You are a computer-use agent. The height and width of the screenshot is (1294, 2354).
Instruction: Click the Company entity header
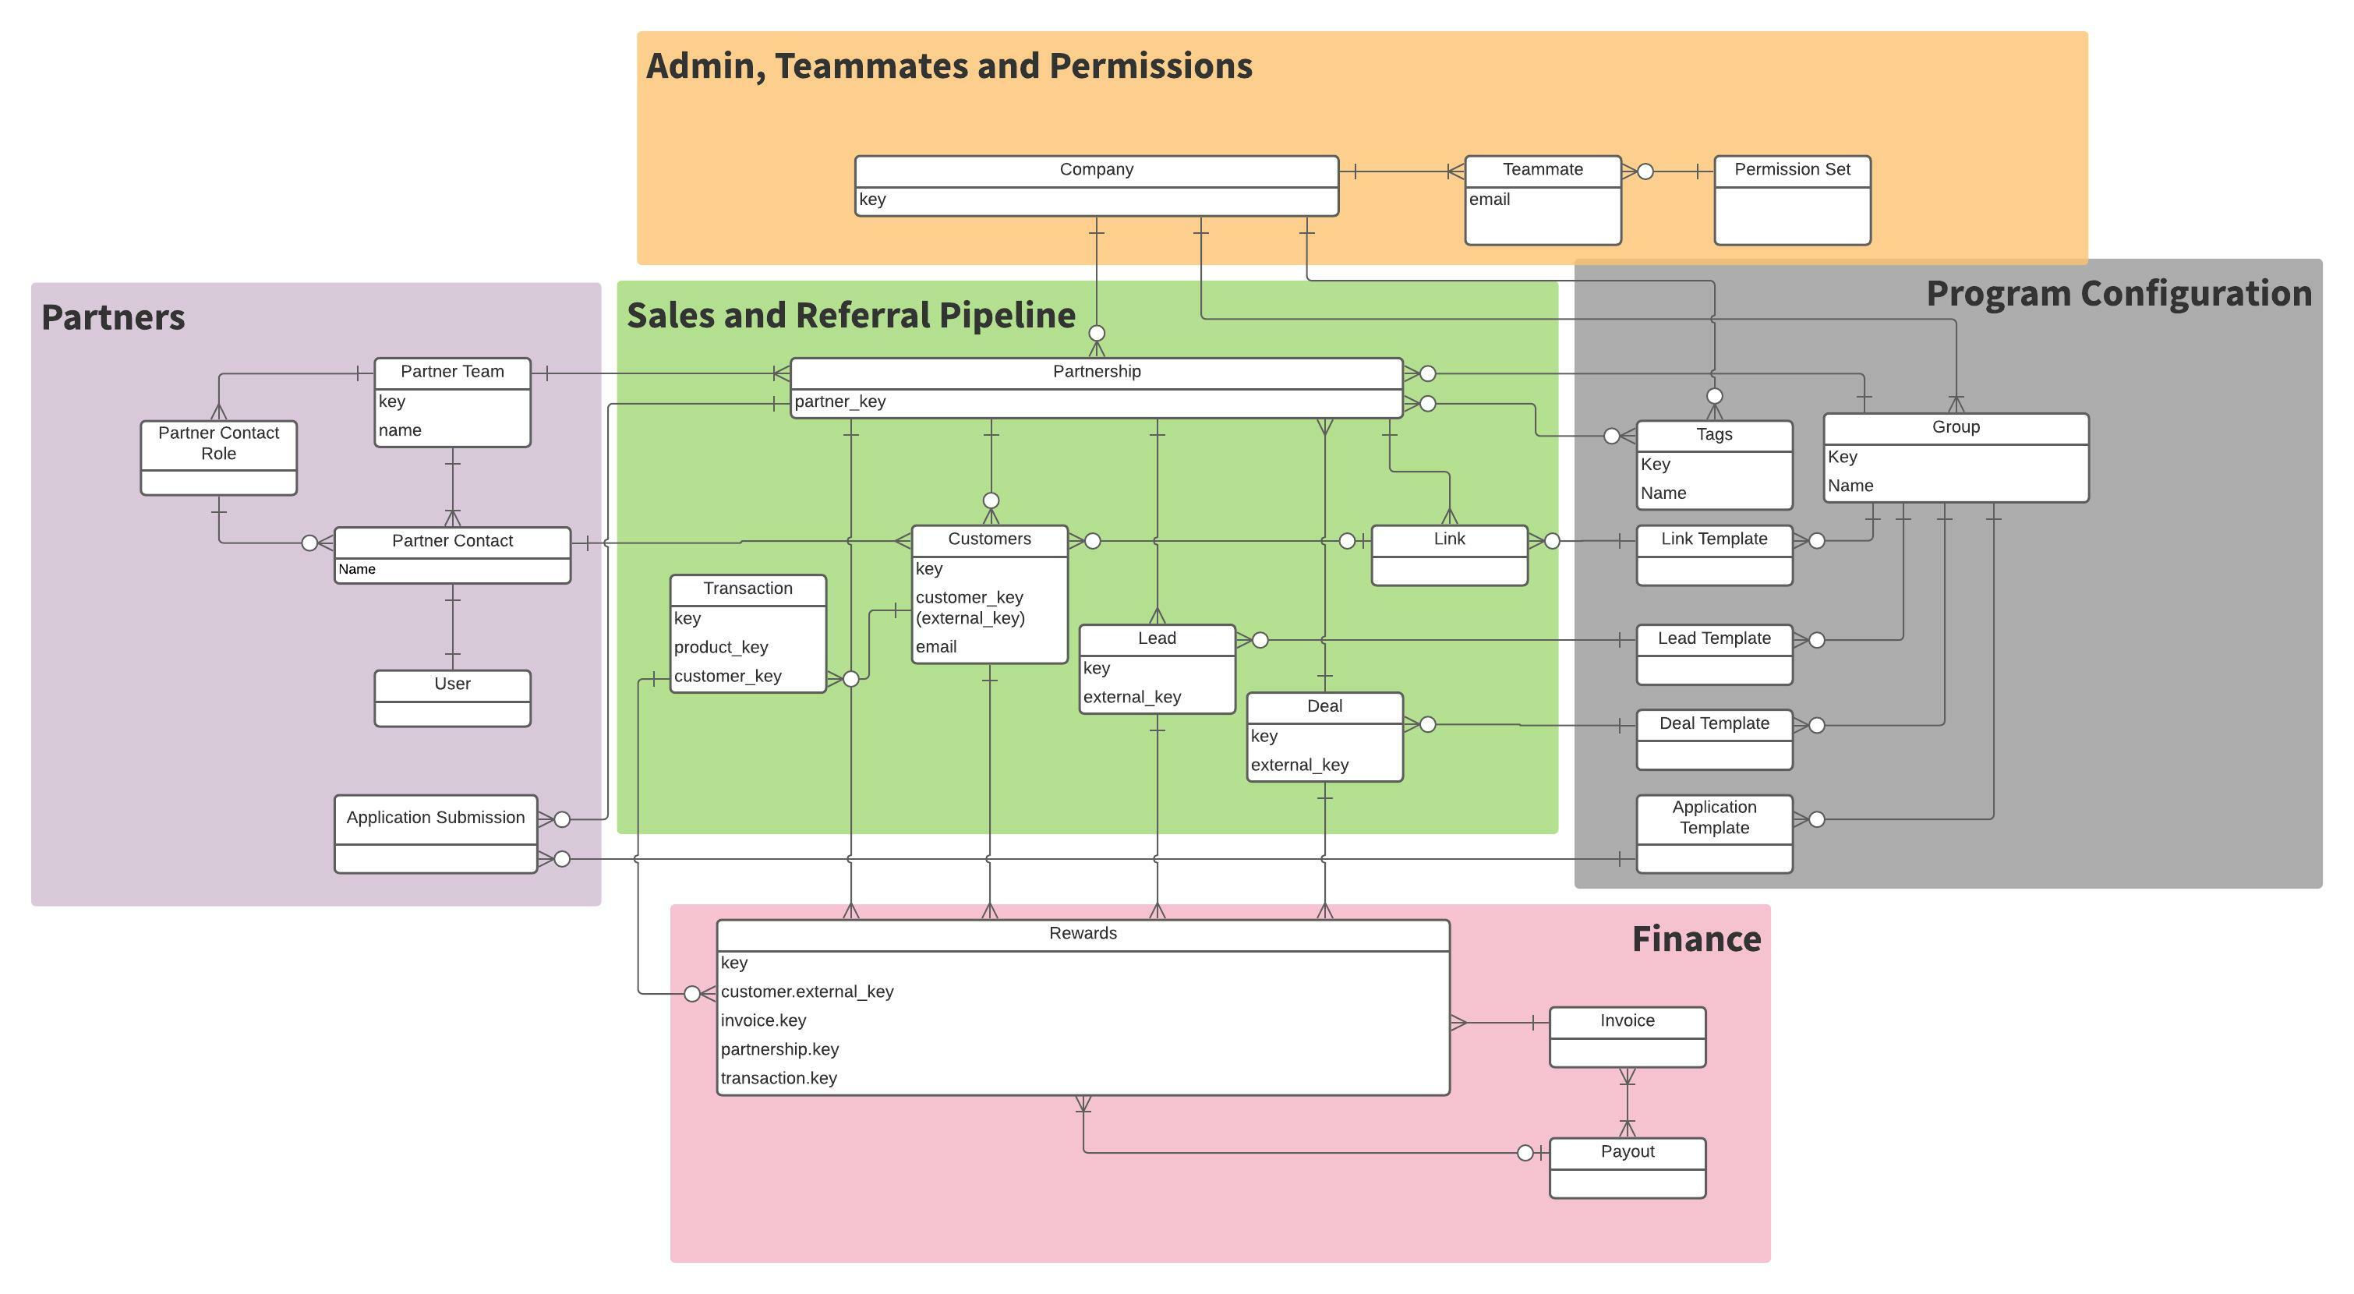pyautogui.click(x=1096, y=170)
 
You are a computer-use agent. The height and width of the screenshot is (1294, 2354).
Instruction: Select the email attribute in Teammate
pyautogui.click(x=1489, y=200)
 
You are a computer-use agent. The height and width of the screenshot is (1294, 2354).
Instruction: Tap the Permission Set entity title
pyautogui.click(x=1791, y=170)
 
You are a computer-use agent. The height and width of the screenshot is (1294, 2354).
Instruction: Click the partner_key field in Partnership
pyautogui.click(x=839, y=401)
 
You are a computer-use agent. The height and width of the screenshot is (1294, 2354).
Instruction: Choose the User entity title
pyautogui.click(x=451, y=684)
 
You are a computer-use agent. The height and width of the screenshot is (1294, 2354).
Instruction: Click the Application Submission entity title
pyautogui.click(x=435, y=817)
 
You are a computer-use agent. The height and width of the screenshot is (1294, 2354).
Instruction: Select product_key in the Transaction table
pyautogui.click(x=720, y=647)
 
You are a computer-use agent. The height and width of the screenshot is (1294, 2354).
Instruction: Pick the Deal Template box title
pyautogui.click(x=1713, y=723)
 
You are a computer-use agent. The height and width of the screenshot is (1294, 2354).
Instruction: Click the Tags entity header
pyautogui.click(x=1713, y=435)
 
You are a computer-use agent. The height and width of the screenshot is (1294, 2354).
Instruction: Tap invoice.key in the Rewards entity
pyautogui.click(x=763, y=1020)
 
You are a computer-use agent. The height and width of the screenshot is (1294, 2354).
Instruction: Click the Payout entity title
pyautogui.click(x=1627, y=1151)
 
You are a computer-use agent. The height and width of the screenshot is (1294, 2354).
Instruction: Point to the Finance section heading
pyautogui.click(x=1695, y=939)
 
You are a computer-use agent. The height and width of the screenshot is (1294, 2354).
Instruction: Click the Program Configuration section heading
pyautogui.click(x=2119, y=294)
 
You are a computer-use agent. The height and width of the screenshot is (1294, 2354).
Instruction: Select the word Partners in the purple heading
pyautogui.click(x=113, y=318)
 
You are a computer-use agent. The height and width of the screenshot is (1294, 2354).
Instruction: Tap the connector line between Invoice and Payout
pyautogui.click(x=1627, y=1103)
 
